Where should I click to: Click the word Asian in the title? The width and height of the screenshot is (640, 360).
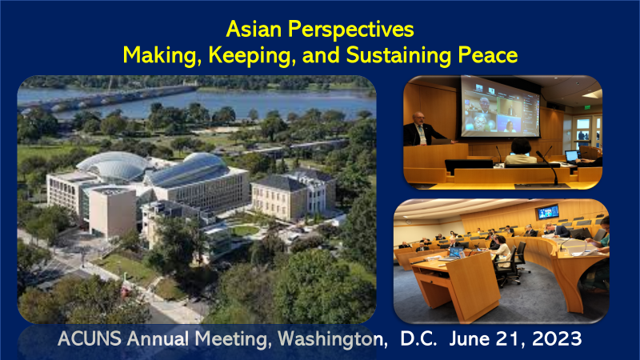254,30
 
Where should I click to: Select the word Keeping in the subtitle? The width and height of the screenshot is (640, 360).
252,56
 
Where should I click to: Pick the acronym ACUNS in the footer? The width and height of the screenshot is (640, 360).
90,338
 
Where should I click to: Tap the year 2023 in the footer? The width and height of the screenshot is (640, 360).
557,338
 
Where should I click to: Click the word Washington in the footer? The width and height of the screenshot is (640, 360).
332,339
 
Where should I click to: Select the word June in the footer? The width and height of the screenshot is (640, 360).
469,338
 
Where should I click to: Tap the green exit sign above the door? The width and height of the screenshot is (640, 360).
587,107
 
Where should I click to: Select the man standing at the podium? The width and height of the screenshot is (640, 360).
422,130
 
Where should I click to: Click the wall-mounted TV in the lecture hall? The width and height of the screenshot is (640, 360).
547,212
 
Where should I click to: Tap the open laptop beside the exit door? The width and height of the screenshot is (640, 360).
571,156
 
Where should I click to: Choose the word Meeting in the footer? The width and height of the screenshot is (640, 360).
233,339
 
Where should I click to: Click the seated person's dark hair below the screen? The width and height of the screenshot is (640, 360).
521,146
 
